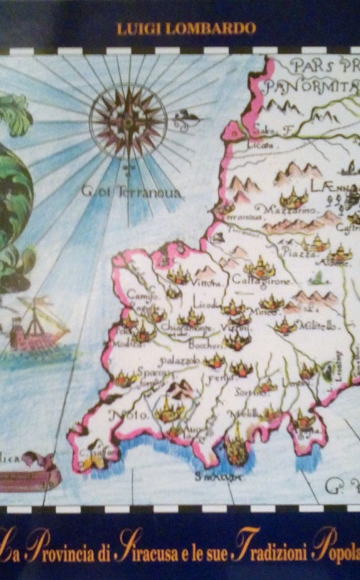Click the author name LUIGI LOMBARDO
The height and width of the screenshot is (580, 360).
[x=186, y=28]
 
